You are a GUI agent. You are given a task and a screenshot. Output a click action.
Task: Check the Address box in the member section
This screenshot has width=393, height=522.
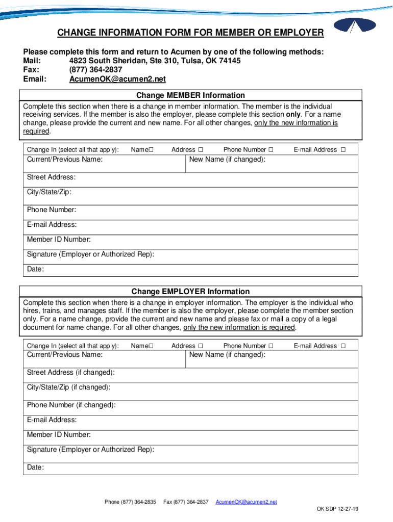(x=200, y=150)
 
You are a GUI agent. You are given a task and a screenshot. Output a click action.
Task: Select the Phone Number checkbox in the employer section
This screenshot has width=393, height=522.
(x=271, y=346)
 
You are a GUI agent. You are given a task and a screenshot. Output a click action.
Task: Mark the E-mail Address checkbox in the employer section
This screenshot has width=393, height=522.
(x=343, y=346)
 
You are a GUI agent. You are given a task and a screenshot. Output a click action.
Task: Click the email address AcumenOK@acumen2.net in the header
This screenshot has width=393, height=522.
(x=117, y=79)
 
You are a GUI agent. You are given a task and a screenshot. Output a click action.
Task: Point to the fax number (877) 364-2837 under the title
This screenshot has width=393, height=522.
(x=95, y=70)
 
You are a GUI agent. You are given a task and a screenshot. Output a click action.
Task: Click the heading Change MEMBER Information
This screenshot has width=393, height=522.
(x=190, y=95)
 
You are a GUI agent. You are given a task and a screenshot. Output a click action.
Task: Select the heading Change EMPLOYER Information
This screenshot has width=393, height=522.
(x=190, y=292)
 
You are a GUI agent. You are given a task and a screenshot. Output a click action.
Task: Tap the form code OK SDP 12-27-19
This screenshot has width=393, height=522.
(x=337, y=509)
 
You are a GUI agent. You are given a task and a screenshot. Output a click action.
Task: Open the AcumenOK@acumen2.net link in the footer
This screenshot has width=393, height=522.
(x=246, y=502)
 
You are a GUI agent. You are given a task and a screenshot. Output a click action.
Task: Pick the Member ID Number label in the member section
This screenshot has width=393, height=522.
(x=59, y=239)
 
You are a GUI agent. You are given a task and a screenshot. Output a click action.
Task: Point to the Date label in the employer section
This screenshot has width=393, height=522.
(x=35, y=467)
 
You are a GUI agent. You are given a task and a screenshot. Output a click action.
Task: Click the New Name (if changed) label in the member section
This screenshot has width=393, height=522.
(x=227, y=160)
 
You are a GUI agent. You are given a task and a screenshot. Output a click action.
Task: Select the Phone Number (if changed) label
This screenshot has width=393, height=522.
(x=71, y=405)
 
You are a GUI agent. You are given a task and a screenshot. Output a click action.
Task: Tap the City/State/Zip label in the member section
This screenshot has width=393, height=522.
(x=49, y=192)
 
